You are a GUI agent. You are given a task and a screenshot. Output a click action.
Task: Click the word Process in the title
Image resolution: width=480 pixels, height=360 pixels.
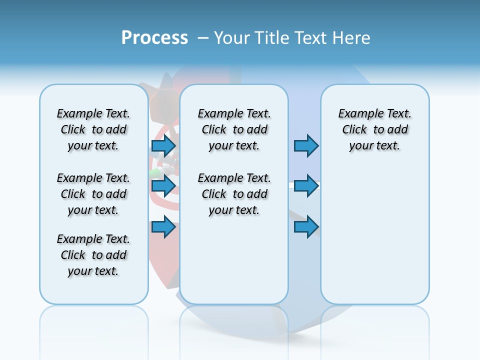coord(154,38)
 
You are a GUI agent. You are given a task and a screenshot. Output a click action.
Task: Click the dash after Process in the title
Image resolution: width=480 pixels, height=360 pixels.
coord(202,38)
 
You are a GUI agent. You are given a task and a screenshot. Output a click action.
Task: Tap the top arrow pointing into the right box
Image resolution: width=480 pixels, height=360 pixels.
coord(306,145)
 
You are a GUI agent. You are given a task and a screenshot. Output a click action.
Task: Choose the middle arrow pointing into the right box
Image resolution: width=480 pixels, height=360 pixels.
coord(306,186)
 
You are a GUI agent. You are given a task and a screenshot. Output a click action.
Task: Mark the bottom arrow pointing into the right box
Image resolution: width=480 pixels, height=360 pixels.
coord(306,227)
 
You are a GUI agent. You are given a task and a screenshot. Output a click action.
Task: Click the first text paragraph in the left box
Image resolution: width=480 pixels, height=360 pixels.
coord(93,129)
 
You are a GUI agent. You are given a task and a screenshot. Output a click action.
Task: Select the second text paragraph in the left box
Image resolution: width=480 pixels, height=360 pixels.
coord(93,194)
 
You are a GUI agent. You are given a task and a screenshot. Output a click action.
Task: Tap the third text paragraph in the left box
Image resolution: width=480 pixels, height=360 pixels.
coord(93,255)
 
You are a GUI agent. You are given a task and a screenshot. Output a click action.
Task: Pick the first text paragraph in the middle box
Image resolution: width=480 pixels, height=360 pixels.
coord(234,129)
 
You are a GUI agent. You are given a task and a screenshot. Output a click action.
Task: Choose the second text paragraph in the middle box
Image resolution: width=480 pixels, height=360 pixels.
coord(234,194)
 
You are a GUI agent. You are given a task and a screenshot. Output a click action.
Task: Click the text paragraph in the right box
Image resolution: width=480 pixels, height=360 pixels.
coord(375,129)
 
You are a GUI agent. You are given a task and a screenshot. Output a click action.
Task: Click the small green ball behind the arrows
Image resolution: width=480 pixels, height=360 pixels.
coord(154,173)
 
